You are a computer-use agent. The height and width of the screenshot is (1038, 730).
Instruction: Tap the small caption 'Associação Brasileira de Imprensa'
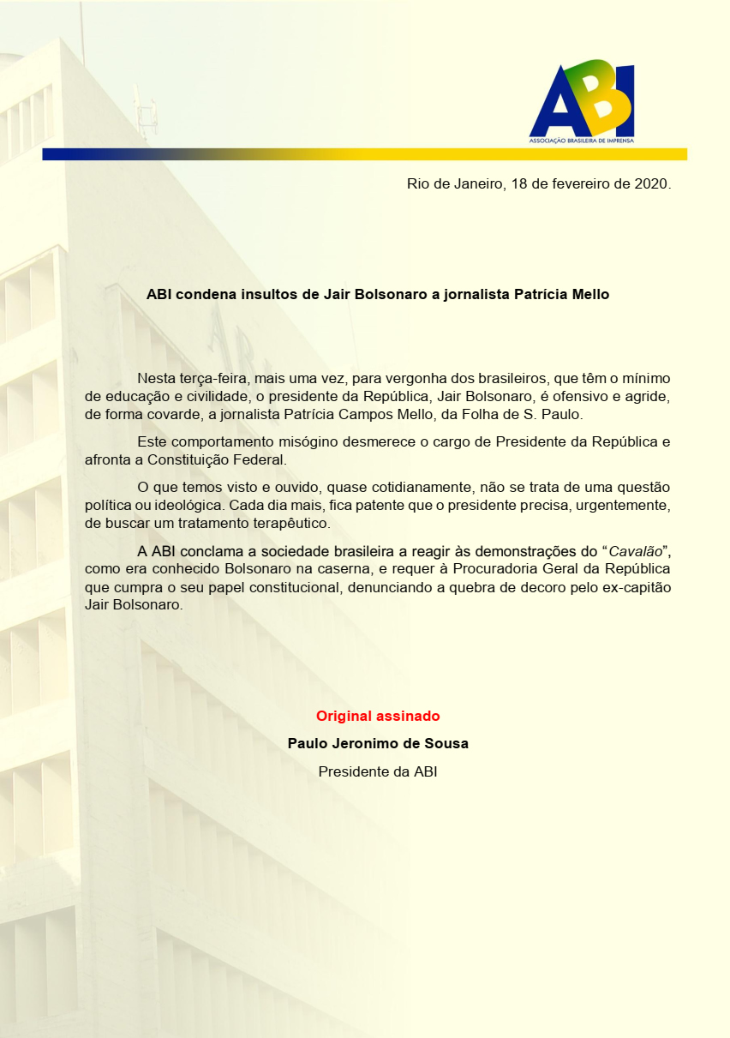coord(582,140)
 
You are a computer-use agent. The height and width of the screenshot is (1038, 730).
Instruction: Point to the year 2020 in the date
coord(650,185)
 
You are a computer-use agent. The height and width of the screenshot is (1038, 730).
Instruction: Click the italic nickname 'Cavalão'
coord(633,550)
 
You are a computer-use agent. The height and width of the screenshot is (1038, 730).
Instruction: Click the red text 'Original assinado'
coord(377,716)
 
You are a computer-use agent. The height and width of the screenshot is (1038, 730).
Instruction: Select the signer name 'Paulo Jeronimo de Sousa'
coord(377,744)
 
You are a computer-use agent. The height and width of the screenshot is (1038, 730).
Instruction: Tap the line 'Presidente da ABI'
coord(377,771)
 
